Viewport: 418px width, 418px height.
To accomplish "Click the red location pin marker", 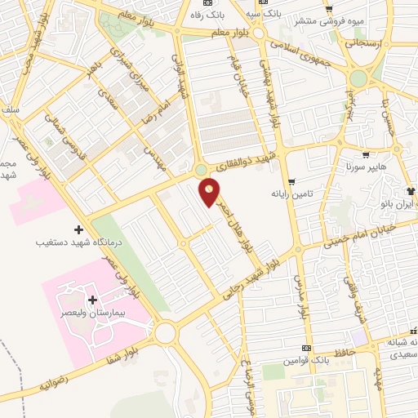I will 210,192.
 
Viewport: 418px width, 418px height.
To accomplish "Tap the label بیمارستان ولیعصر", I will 90,313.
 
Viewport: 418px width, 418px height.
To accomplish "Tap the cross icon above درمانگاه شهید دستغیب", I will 78,229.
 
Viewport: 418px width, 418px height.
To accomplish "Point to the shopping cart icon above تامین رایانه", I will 291,183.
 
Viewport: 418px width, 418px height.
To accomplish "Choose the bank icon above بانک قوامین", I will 306,347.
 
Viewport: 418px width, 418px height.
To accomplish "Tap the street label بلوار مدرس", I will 301,296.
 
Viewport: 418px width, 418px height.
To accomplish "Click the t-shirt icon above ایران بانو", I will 410,190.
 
